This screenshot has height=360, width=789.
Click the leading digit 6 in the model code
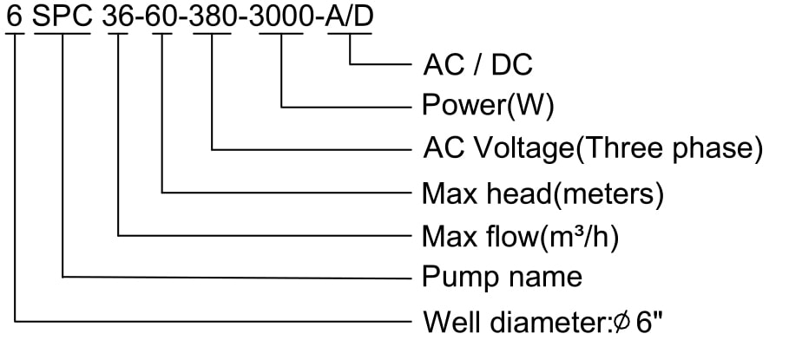coord(15,16)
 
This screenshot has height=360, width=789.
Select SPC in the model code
coord(63,16)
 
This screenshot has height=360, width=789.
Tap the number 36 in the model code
coord(118,16)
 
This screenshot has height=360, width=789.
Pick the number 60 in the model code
coord(162,16)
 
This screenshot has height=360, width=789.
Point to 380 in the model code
coord(212,16)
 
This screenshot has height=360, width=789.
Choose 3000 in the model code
coord(281,16)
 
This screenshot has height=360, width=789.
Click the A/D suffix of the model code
coord(350,16)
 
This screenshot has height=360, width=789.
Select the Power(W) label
coord(488,108)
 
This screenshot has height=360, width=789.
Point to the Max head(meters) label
coord(542,193)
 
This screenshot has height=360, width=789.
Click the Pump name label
coord(502,278)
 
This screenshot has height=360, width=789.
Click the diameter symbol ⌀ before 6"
coord(621,323)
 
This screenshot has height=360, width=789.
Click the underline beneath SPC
coord(63,34)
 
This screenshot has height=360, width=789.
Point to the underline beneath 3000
coord(281,34)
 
